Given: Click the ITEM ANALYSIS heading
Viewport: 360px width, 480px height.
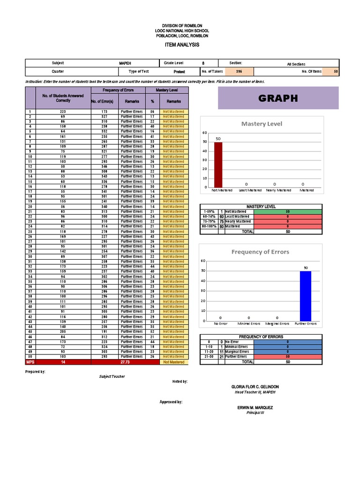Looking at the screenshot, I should (x=182, y=45).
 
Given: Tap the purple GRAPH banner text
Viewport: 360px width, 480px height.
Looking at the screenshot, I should (x=277, y=98).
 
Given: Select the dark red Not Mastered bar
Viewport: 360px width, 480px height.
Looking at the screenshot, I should (x=218, y=164).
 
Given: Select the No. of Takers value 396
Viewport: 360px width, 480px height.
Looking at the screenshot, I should (x=239, y=72).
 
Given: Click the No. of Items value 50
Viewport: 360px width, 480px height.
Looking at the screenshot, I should (x=335, y=72).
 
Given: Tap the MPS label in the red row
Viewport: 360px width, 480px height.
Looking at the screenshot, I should (x=30, y=362).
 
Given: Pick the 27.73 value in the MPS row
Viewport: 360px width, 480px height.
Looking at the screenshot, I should (x=125, y=362).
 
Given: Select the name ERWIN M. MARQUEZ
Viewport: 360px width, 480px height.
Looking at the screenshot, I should (x=255, y=408).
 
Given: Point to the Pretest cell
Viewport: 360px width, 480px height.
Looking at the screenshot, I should (x=179, y=72).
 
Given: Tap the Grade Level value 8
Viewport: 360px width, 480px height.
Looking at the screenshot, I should (x=203, y=63).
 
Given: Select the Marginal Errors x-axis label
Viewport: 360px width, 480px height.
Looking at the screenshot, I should (x=277, y=324).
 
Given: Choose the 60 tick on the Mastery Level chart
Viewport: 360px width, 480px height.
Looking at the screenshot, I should (x=204, y=133).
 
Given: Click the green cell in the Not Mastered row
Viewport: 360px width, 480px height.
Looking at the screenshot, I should (x=287, y=211).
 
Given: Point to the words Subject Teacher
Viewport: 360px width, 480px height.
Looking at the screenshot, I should (x=112, y=376).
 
